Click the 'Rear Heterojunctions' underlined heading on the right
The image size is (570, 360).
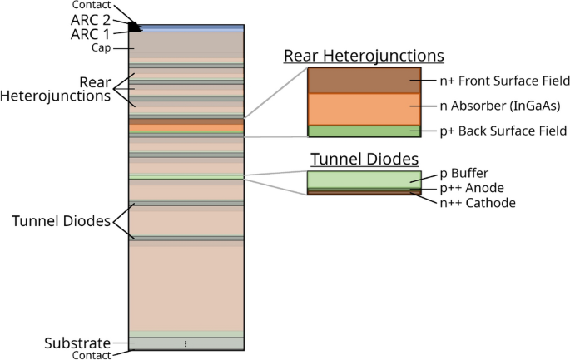(x=364, y=56)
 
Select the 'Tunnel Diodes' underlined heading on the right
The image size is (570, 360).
(x=364, y=159)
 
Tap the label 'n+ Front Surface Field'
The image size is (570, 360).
(x=504, y=81)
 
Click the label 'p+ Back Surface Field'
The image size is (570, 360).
(x=503, y=131)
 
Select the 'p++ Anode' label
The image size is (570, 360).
(x=471, y=189)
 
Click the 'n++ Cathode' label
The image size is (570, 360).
(x=477, y=202)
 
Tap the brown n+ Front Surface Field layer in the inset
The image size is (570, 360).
(x=364, y=81)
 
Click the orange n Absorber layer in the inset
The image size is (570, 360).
(x=364, y=109)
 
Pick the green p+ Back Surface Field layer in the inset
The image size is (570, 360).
(x=364, y=131)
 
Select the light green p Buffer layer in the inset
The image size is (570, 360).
(x=364, y=179)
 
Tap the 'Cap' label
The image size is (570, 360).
(x=101, y=48)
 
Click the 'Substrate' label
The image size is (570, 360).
(x=77, y=343)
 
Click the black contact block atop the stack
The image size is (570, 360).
(x=134, y=27)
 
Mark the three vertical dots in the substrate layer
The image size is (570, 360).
(x=186, y=343)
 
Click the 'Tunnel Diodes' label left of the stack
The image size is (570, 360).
(x=62, y=221)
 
